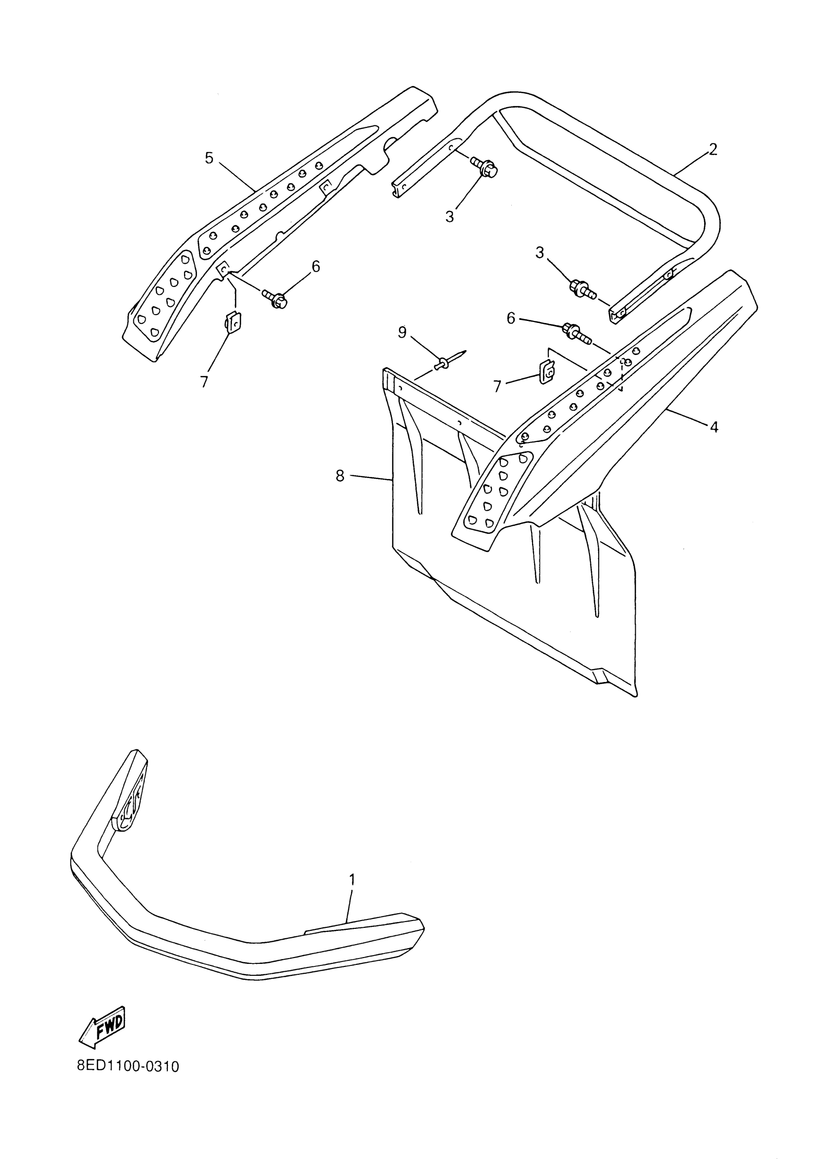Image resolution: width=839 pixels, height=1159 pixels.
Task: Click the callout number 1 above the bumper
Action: pyautogui.click(x=352, y=879)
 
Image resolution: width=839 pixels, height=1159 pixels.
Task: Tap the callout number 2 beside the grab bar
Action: pyautogui.click(x=713, y=149)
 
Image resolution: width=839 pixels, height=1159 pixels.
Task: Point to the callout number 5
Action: pyautogui.click(x=209, y=158)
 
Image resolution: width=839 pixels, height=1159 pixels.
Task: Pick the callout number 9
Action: pyautogui.click(x=402, y=332)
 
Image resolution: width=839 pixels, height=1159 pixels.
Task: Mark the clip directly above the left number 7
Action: pyautogui.click(x=233, y=322)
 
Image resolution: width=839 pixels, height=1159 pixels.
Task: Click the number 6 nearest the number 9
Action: pyautogui.click(x=511, y=318)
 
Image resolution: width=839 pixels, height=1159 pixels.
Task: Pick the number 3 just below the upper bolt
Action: pyautogui.click(x=450, y=217)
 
